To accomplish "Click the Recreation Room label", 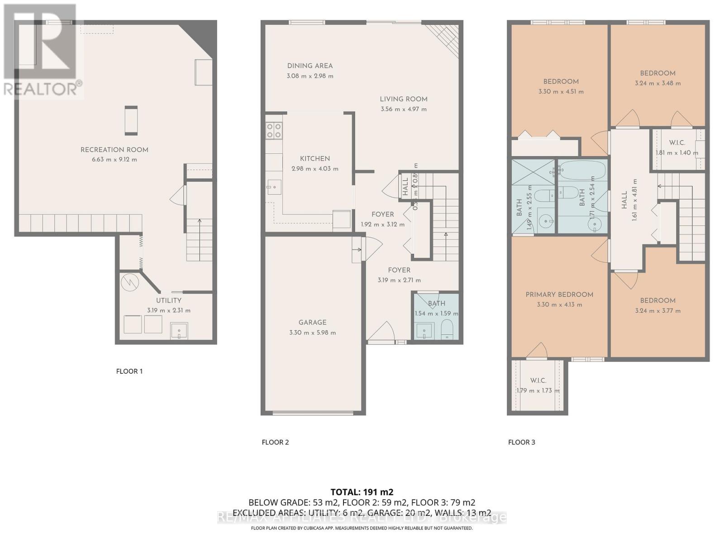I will [x=114, y=150].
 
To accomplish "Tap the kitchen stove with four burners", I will [x=274, y=131].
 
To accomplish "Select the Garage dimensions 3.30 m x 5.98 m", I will [x=312, y=333].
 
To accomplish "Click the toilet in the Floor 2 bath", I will [x=447, y=330].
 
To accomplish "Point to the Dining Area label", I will [x=310, y=66].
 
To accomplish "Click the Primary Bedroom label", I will [x=559, y=295].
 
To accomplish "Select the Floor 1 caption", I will [x=129, y=371].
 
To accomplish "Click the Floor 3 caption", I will [x=521, y=442].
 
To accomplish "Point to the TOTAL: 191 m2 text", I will [x=362, y=492].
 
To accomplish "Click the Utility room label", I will [x=169, y=300].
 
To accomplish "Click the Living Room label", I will [x=404, y=99].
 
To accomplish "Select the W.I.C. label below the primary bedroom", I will [x=538, y=381].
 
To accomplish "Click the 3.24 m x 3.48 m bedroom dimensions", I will [x=657, y=83].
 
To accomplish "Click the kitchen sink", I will [x=274, y=186].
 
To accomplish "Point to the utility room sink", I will [x=179, y=331].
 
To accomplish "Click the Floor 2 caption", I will [x=275, y=442].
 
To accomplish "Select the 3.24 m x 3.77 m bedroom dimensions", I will [x=657, y=311].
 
